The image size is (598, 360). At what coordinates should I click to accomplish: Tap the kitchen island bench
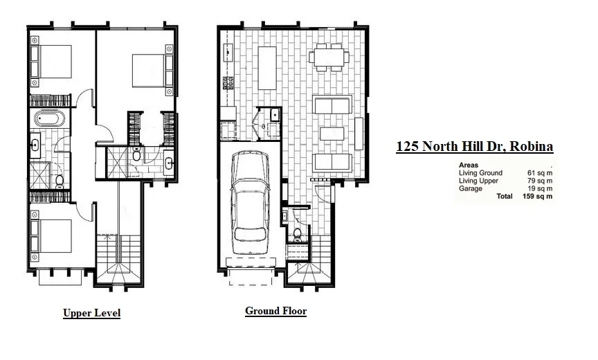point(267,67)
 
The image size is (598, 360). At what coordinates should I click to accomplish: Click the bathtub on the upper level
point(49,118)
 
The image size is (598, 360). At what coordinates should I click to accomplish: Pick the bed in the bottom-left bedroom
point(53,236)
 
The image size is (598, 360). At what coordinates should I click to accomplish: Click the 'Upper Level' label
point(91,313)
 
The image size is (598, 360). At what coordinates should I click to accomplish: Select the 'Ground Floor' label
point(275,311)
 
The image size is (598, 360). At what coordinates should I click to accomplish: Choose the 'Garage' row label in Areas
point(471,188)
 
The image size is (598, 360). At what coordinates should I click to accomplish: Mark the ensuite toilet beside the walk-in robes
point(136,155)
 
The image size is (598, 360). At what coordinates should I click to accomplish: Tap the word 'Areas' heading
point(469,165)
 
